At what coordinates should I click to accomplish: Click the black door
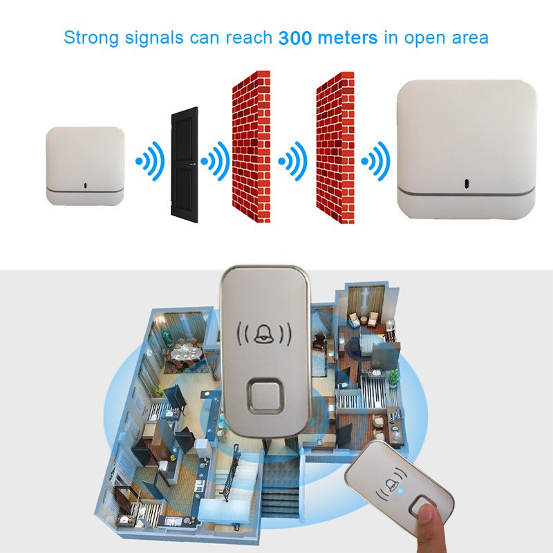tap(184, 165)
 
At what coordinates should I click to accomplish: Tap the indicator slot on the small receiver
tap(85, 185)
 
